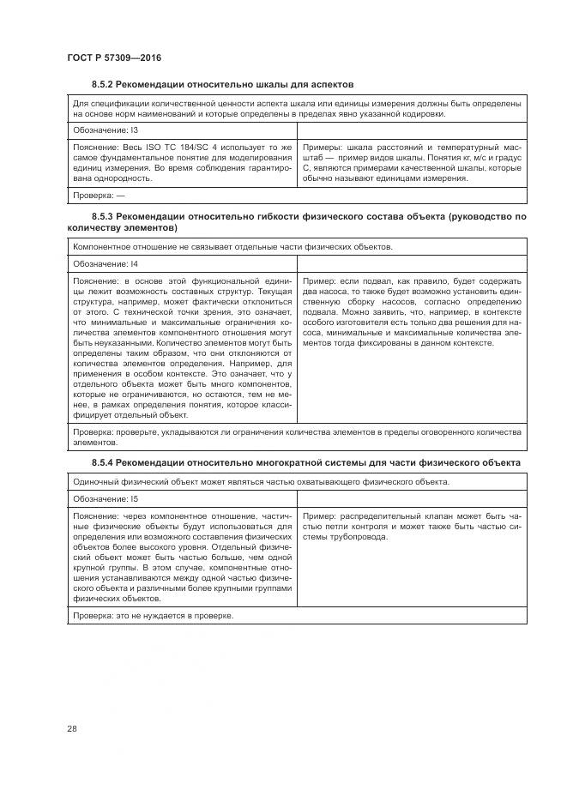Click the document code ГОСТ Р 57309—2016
click(114, 57)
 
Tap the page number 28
click(72, 729)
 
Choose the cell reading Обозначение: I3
click(100, 130)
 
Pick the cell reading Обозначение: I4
click(100, 264)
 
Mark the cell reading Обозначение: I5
click(100, 498)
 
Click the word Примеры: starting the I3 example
click(324, 148)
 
